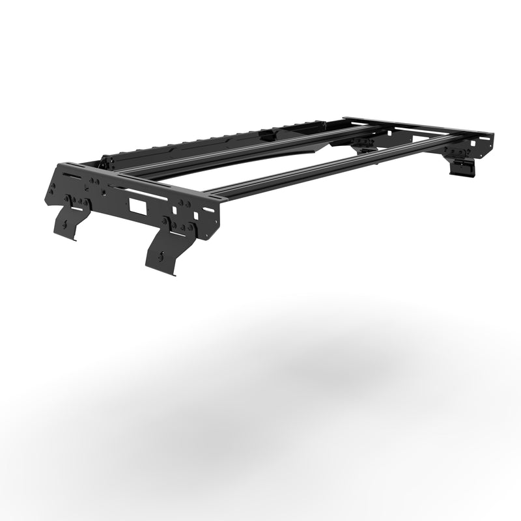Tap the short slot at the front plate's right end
click(206, 210)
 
